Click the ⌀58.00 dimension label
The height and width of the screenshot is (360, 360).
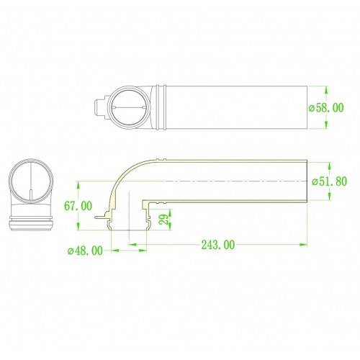click(x=326, y=108)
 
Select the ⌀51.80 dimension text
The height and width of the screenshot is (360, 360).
click(x=329, y=181)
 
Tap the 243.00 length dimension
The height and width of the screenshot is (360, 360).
click(x=218, y=245)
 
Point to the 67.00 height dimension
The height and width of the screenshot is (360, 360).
click(x=78, y=206)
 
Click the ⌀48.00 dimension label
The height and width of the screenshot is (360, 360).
click(x=85, y=251)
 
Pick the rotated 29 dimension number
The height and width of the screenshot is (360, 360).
click(x=165, y=219)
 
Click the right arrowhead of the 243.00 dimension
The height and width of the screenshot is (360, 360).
click(x=303, y=245)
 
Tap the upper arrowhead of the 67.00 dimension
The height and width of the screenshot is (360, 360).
click(x=78, y=185)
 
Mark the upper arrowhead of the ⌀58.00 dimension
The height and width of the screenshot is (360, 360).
click(x=326, y=90)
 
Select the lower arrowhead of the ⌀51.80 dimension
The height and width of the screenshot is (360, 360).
click(x=329, y=196)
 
